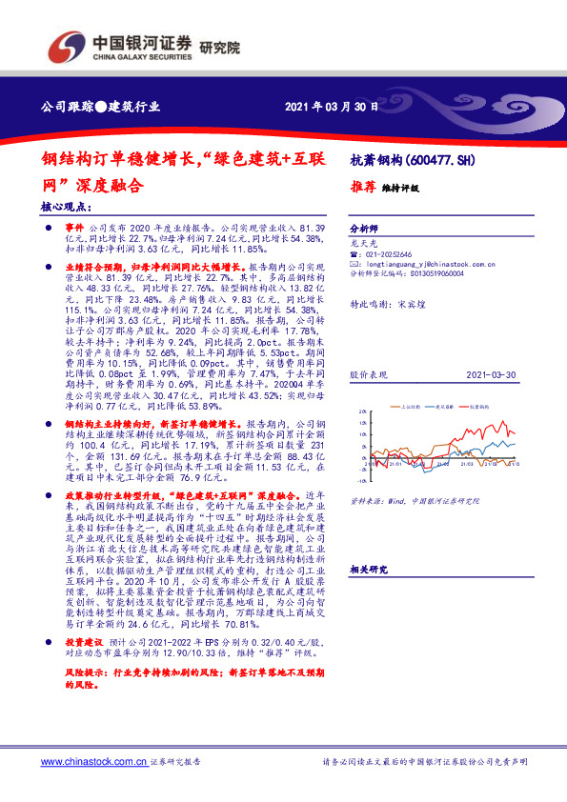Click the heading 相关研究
(369, 569)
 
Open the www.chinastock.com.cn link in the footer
(92, 762)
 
